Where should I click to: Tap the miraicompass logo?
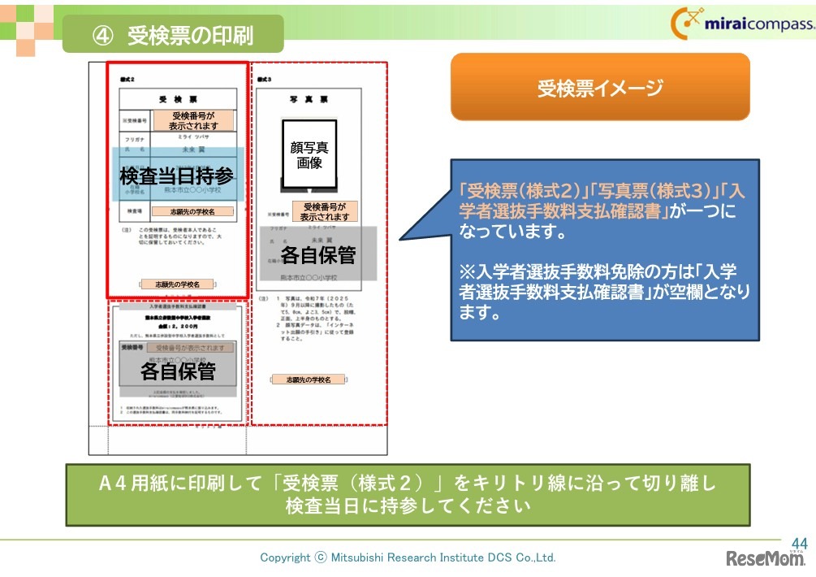pyautogui.click(x=741, y=24)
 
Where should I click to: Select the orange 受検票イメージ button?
pyautogui.click(x=600, y=88)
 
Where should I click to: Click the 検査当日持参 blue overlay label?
pyautogui.click(x=178, y=175)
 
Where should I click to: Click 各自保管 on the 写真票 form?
pyautogui.click(x=318, y=254)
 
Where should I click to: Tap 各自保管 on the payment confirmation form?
pyautogui.click(x=178, y=371)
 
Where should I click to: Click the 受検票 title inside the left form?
pyautogui.click(x=178, y=98)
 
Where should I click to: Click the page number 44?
pyautogui.click(x=799, y=543)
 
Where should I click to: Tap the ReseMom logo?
pyautogui.click(x=763, y=559)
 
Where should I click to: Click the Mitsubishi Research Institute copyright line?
pyautogui.click(x=408, y=557)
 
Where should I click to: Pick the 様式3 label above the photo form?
pyautogui.click(x=263, y=80)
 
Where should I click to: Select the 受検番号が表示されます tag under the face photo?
pyautogui.click(x=325, y=211)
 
